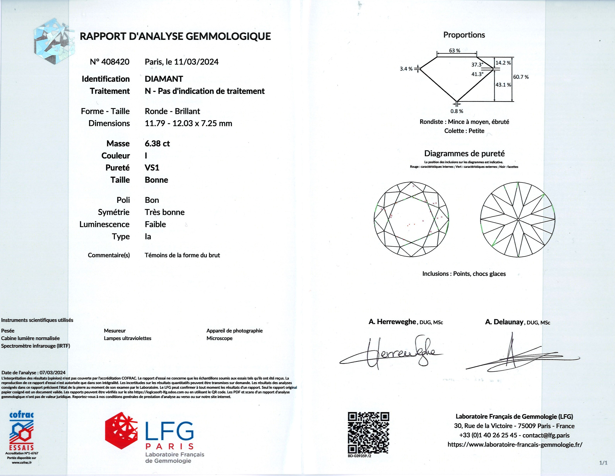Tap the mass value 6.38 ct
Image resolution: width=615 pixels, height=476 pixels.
pyautogui.click(x=157, y=143)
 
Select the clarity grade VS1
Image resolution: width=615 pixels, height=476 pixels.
pyautogui.click(x=152, y=168)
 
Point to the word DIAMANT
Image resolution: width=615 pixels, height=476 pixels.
pyautogui.click(x=164, y=79)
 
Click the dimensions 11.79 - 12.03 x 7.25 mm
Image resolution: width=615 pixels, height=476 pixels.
pyautogui.click(x=188, y=123)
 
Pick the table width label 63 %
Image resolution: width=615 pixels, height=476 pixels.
pyautogui.click(x=455, y=51)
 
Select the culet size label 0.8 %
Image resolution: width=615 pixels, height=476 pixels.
pyautogui.click(x=457, y=111)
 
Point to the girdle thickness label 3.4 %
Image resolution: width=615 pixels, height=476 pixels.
pyautogui.click(x=406, y=69)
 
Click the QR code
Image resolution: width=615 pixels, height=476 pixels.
pyautogui.click(x=368, y=433)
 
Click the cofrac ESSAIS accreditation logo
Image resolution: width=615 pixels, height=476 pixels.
pyautogui.click(x=21, y=431)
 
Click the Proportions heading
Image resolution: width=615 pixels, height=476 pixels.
pyautogui.click(x=464, y=35)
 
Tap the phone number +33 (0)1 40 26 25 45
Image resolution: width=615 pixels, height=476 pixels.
pyautogui.click(x=488, y=435)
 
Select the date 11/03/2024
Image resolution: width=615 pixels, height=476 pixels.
pyautogui.click(x=196, y=62)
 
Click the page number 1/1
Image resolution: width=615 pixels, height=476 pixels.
pyautogui.click(x=603, y=463)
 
